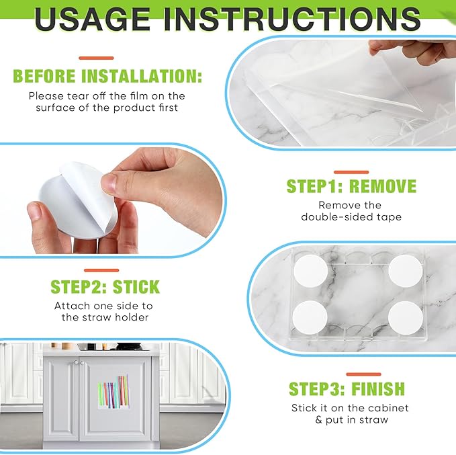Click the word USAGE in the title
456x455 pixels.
pyautogui.click(x=92, y=19)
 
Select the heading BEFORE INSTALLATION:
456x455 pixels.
pyautogui.click(x=107, y=76)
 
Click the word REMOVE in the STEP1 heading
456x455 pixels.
pyautogui.click(x=383, y=186)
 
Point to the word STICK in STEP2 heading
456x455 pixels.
pyautogui.click(x=136, y=287)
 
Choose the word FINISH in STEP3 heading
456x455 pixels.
pyautogui.click(x=378, y=388)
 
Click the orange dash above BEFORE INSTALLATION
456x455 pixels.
pyautogui.click(x=96, y=58)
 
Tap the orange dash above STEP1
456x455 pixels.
pyautogui.click(x=351, y=172)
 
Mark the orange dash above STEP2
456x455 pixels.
pyautogui.click(x=101, y=270)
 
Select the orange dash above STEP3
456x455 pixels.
pyautogui.click(x=363, y=374)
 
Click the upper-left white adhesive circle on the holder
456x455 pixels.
pyautogui.click(x=310, y=272)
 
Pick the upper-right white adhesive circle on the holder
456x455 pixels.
pyautogui.click(x=406, y=272)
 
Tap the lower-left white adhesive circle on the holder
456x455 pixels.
pyautogui.click(x=310, y=318)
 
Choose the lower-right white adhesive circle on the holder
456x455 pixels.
pyautogui.click(x=406, y=318)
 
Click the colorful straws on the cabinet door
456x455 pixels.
pyautogui.click(x=113, y=391)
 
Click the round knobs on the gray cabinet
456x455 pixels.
pyautogui.click(x=79, y=363)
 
